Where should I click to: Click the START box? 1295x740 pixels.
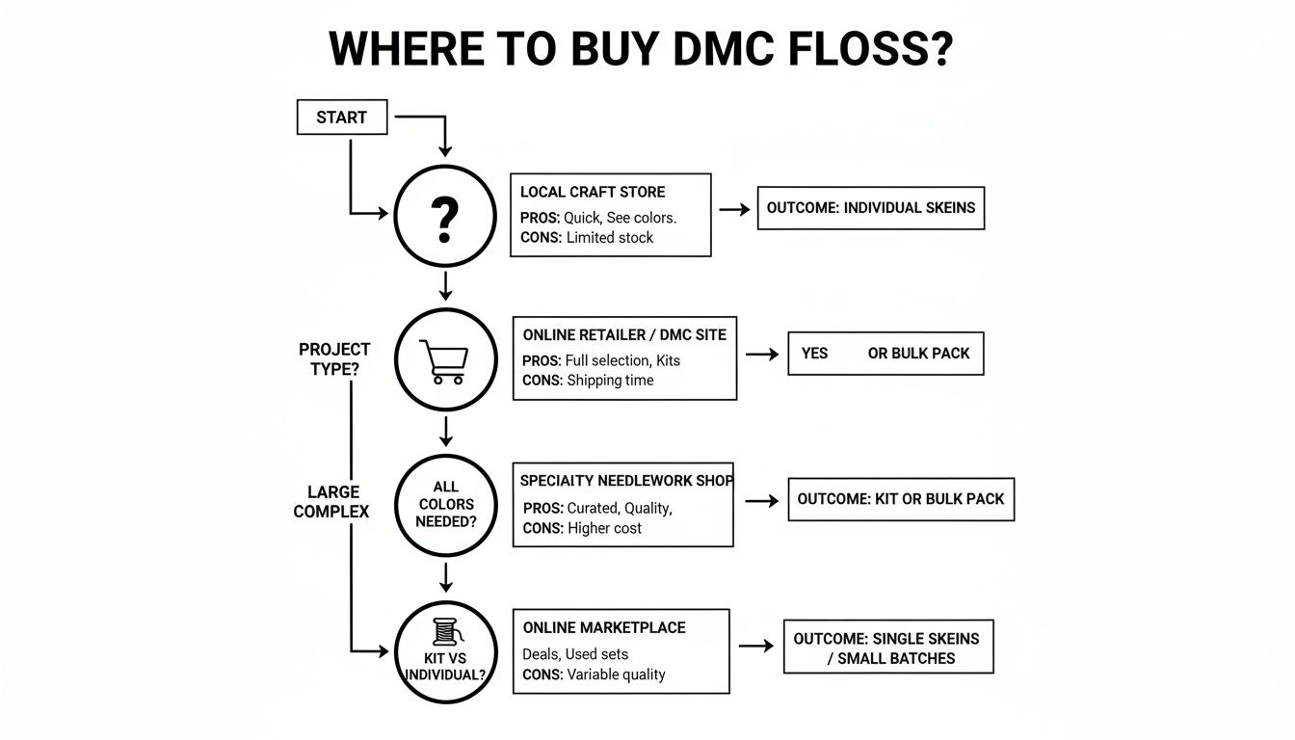pyautogui.click(x=341, y=118)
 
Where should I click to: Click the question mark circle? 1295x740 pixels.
pyautogui.click(x=444, y=216)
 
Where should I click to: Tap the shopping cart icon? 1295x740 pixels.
pyautogui.click(x=444, y=363)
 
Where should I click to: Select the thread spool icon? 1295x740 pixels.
pyautogui.click(x=444, y=631)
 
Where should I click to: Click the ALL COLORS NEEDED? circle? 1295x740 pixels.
pyautogui.click(x=445, y=505)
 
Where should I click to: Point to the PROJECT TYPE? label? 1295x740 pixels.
pyautogui.click(x=334, y=358)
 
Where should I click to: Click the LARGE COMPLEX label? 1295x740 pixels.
pyautogui.click(x=330, y=502)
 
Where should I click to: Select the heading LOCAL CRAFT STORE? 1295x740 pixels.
pyautogui.click(x=592, y=192)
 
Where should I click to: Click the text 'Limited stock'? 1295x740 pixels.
pyautogui.click(x=609, y=238)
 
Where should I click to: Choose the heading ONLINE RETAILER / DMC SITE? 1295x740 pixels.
pyautogui.click(x=624, y=335)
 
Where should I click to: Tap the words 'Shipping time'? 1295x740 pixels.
pyautogui.click(x=610, y=381)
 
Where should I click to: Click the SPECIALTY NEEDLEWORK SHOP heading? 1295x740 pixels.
pyautogui.click(x=626, y=480)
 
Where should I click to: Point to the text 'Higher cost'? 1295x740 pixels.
pyautogui.click(x=604, y=528)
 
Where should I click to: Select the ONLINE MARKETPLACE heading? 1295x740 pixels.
pyautogui.click(x=604, y=627)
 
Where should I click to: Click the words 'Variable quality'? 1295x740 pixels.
pyautogui.click(x=616, y=674)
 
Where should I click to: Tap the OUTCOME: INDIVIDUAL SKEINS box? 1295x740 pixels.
pyautogui.click(x=870, y=208)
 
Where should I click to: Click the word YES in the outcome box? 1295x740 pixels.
pyautogui.click(x=814, y=354)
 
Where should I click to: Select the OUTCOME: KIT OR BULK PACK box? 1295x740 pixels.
pyautogui.click(x=900, y=499)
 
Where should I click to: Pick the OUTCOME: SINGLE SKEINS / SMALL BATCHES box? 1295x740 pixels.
pyautogui.click(x=887, y=647)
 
